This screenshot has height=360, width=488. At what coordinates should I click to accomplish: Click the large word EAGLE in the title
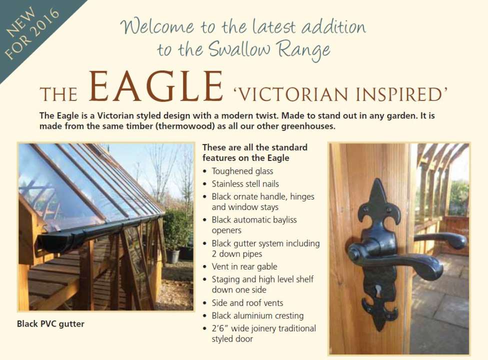pos(156,86)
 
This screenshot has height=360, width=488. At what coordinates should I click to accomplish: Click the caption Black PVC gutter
pos(50,324)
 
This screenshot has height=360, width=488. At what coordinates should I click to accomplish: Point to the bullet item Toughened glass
pos(242,171)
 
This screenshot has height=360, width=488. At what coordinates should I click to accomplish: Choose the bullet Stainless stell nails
pos(245,184)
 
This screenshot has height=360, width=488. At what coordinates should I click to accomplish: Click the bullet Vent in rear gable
pos(244,266)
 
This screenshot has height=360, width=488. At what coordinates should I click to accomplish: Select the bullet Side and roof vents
pos(247,302)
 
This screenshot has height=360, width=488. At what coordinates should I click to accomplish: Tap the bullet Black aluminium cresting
pos(257,316)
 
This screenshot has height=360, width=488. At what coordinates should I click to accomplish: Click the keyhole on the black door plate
pos(378,290)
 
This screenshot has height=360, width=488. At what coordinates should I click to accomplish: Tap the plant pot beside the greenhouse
pos(172,256)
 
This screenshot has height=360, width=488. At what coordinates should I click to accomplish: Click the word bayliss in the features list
pos(283,220)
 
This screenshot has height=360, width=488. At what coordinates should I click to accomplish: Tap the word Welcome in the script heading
pos(157,27)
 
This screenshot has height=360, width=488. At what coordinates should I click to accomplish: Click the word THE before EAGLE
pos(58,94)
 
